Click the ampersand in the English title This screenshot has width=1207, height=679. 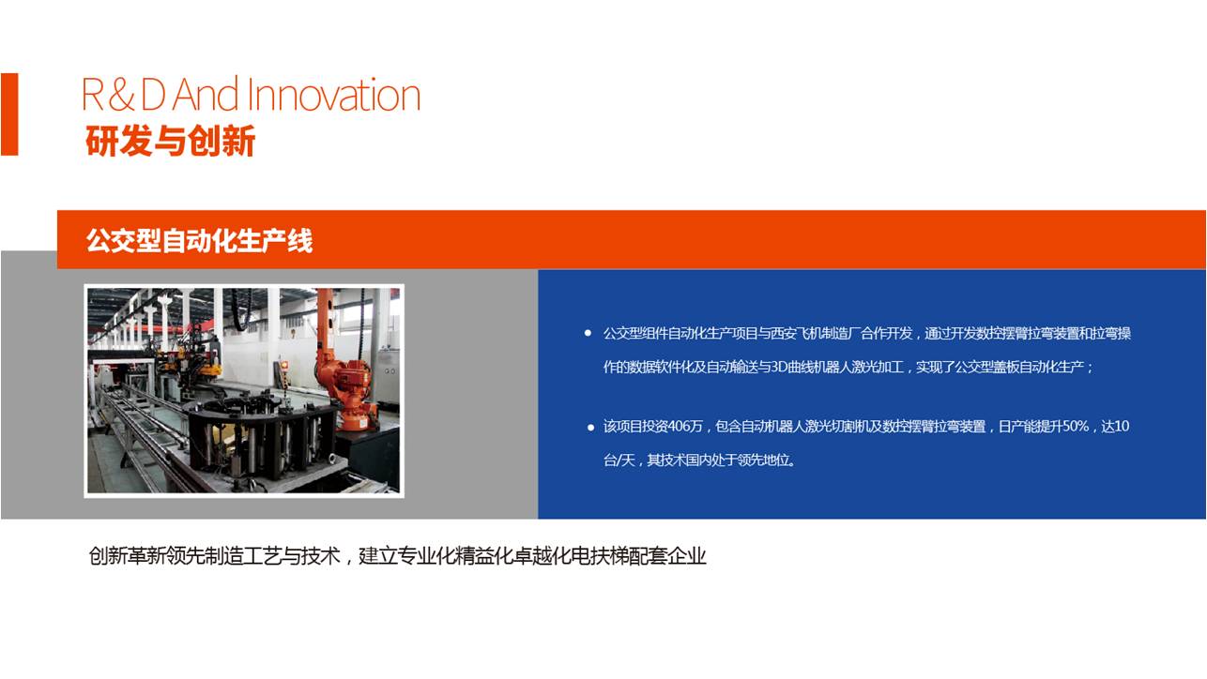(121, 95)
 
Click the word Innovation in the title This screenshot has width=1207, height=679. (334, 95)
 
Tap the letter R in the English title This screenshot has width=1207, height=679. (93, 95)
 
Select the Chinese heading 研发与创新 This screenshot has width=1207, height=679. (170, 141)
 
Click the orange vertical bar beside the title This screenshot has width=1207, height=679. (9, 114)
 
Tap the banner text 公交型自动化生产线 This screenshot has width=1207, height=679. (199, 240)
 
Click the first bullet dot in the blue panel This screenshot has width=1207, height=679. (588, 333)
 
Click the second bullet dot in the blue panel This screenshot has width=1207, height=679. (590, 428)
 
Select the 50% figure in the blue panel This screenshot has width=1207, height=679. (1075, 427)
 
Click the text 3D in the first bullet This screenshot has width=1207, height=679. (778, 368)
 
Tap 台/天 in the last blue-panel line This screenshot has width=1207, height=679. (619, 460)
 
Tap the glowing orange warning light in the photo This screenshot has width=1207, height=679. (284, 366)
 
